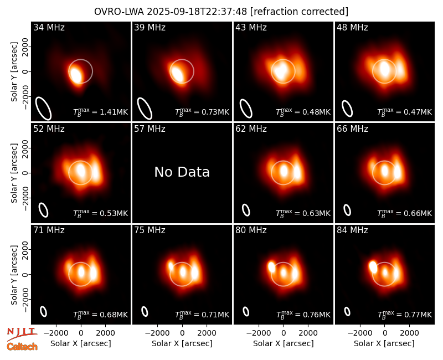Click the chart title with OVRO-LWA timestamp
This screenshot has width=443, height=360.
tap(221, 12)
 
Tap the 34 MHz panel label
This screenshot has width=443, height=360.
tap(49, 27)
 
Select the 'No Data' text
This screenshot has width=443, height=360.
tap(182, 172)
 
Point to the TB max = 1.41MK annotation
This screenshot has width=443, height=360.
tap(101, 112)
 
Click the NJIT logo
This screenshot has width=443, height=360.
tap(22, 334)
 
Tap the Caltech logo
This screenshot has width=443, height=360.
tap(22, 347)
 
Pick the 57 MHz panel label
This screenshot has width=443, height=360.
tap(150, 129)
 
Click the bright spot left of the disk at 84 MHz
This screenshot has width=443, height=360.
tap(373, 266)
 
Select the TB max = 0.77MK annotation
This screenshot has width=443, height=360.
tap(405, 315)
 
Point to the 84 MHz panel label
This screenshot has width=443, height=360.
tap(352, 230)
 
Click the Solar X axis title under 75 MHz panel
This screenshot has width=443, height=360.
tap(182, 343)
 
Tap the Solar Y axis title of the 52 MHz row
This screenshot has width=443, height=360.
tap(14, 173)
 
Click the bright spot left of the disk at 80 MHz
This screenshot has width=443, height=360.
tap(271, 267)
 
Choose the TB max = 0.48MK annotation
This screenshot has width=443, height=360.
tap(303, 112)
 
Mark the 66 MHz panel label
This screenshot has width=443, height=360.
tap(352, 129)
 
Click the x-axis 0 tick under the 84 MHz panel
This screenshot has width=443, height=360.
tap(384, 333)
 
